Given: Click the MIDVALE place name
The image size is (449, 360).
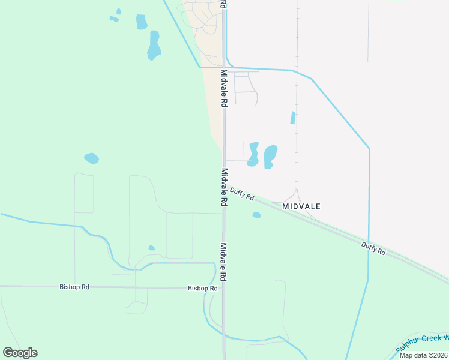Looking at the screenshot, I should (x=301, y=206).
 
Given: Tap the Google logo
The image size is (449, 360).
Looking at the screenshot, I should (x=20, y=353).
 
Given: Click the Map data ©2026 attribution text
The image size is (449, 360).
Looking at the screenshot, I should (x=423, y=355).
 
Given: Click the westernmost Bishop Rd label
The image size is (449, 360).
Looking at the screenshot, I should (x=74, y=287).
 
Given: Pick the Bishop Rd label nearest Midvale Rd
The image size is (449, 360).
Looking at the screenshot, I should (x=202, y=289).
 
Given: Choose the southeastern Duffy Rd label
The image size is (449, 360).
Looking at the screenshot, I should (x=373, y=248).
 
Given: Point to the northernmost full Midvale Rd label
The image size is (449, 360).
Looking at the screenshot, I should (x=224, y=88).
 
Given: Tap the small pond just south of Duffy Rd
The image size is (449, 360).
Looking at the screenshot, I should (x=256, y=215).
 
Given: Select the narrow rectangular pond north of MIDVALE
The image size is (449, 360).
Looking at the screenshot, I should (x=293, y=118).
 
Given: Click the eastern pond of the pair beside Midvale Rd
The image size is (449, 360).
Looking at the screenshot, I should (x=271, y=156).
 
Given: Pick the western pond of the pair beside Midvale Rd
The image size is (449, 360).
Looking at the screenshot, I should (x=253, y=154).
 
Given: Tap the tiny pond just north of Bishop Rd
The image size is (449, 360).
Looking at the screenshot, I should (x=151, y=248).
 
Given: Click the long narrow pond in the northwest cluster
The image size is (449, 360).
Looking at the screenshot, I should (x=154, y=46).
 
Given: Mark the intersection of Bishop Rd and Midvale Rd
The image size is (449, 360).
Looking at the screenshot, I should (x=224, y=288).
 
